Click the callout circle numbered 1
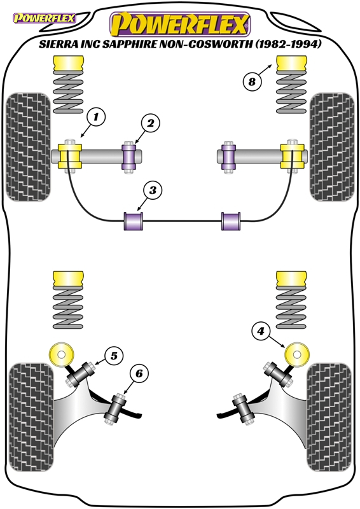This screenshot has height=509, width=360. tap(95, 117)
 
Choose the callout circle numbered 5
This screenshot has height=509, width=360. tap(113, 357)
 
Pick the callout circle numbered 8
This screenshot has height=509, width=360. tap(252, 81)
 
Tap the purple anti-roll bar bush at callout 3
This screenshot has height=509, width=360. tap(134, 221)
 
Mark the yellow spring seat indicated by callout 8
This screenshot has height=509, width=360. tap(292, 64)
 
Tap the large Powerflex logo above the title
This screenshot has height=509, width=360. tap(179, 25)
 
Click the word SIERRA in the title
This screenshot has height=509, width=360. tap(59, 46)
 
